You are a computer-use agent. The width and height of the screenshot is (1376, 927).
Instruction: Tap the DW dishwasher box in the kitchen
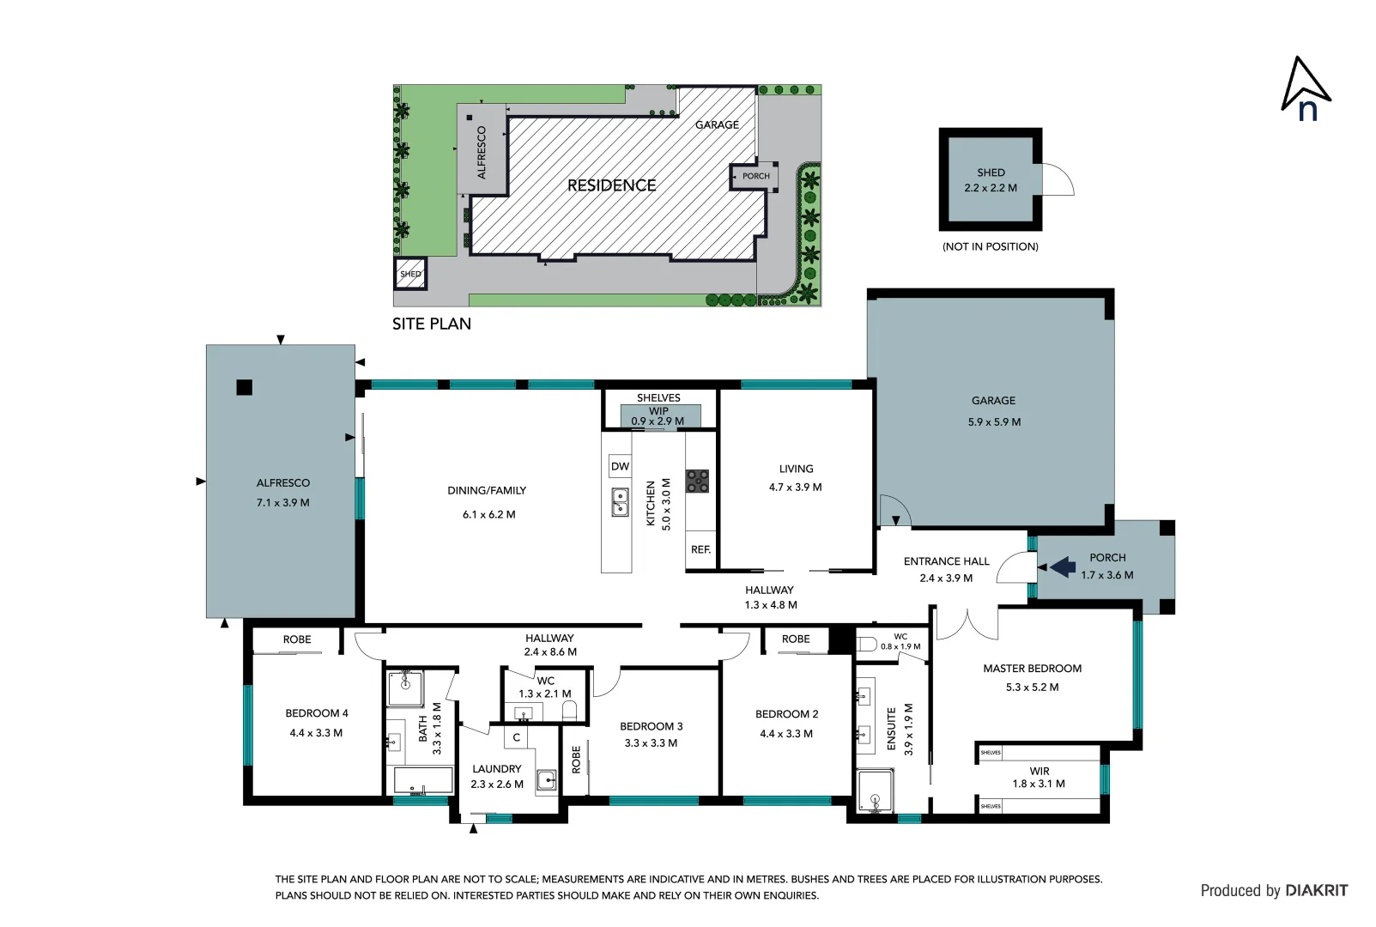(x=620, y=467)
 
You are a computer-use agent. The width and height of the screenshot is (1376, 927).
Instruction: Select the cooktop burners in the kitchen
(x=697, y=481)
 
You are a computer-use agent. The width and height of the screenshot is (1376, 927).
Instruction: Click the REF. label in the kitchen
(x=700, y=550)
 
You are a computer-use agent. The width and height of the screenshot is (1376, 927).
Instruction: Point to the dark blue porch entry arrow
(x=1063, y=566)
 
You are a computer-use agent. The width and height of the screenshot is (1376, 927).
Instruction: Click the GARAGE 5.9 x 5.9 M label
(x=993, y=411)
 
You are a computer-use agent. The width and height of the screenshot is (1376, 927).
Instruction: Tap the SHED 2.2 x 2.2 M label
(x=990, y=180)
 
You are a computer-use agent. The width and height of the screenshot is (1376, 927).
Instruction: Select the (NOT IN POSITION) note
(x=990, y=247)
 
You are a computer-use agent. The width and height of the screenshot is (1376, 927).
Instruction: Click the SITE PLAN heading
(x=431, y=324)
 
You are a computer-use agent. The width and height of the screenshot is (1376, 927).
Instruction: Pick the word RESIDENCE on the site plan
(x=611, y=185)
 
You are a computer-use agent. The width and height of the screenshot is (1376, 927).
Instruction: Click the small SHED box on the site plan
(x=410, y=275)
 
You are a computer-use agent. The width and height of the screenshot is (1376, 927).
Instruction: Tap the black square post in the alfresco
(x=244, y=388)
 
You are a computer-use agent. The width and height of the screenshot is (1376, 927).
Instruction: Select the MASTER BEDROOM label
(x=1032, y=669)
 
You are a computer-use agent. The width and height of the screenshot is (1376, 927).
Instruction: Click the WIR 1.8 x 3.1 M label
(x=1039, y=778)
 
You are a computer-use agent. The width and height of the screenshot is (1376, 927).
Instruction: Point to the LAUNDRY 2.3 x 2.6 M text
(x=496, y=777)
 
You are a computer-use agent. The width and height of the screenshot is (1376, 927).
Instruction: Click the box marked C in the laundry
(x=516, y=737)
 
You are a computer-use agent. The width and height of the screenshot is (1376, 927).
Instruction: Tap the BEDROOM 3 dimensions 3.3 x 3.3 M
(x=650, y=743)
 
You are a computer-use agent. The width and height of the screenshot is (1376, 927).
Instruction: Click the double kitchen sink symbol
(x=620, y=502)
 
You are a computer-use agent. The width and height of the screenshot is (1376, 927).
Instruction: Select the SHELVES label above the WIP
(x=658, y=398)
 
